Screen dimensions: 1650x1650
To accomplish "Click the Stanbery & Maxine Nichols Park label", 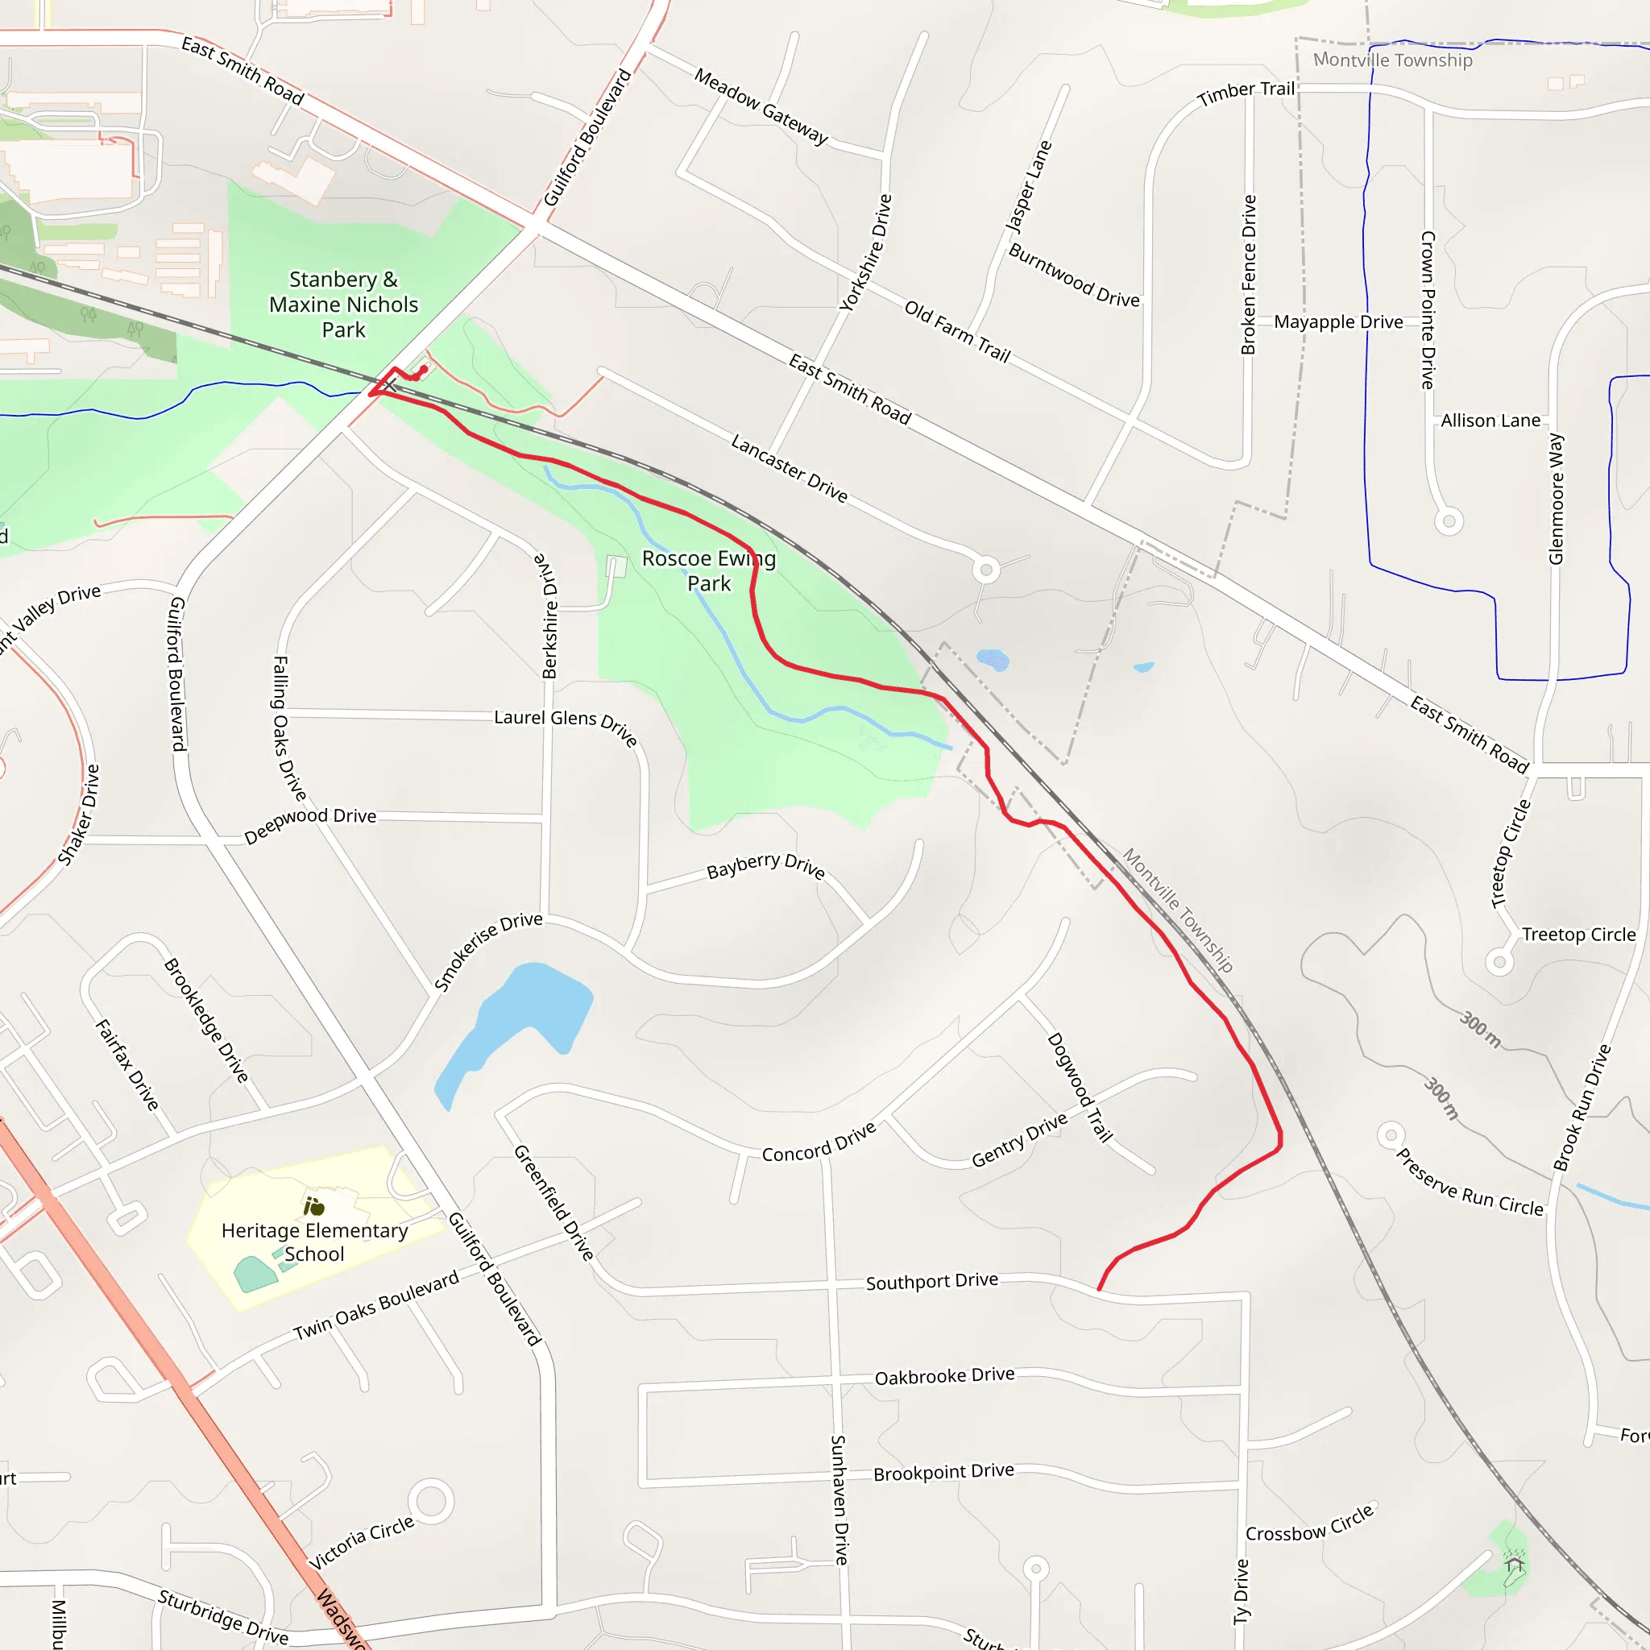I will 343,305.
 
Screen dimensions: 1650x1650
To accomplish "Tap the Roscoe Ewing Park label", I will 709,570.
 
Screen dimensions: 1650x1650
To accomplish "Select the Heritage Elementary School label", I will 314,1242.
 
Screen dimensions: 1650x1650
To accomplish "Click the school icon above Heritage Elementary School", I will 313,1206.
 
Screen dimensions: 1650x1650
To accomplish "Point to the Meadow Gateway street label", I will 761,107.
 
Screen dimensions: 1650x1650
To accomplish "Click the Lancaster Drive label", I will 789,468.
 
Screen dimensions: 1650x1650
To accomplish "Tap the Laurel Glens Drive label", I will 566,726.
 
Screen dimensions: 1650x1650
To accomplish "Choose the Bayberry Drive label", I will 765,866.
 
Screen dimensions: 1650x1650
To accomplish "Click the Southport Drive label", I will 932,1282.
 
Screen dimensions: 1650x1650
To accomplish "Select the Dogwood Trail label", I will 1080,1087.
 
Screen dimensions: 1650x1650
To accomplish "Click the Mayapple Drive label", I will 1338,322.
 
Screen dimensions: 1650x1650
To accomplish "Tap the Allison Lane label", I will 1490,421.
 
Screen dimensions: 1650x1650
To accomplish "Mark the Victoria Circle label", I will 361,1543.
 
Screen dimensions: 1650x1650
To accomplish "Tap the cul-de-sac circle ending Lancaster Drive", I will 986,569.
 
